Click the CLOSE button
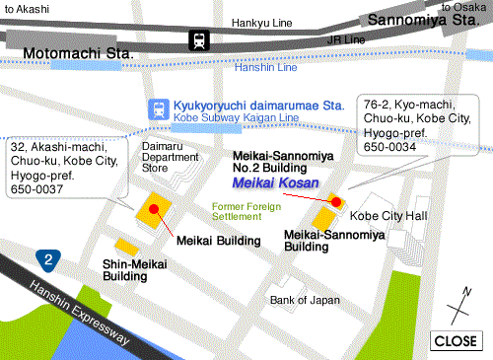455,340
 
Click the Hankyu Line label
262,22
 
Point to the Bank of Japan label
305,300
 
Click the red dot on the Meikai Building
155,207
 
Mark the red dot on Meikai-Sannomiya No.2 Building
335,201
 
